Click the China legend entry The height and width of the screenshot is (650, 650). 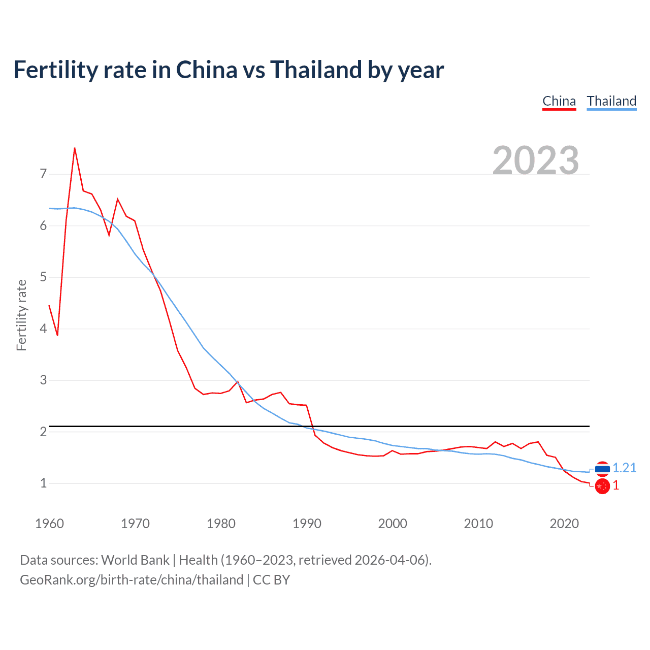point(559,101)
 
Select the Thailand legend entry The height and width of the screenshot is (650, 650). point(611,101)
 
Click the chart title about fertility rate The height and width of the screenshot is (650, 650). point(229,70)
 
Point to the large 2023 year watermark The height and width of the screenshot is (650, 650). point(536,160)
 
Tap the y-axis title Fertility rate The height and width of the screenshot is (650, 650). point(21,315)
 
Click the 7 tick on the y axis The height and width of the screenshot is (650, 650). point(43,174)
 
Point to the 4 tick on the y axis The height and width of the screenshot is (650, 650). point(43,329)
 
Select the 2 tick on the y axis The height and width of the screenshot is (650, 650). point(43,432)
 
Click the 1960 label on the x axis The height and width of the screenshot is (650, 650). point(49,524)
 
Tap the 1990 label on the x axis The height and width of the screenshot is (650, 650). point(307,524)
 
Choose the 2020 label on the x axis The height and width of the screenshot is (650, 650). point(564,524)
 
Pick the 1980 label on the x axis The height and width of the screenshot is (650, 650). point(221,524)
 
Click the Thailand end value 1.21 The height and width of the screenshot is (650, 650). point(624,468)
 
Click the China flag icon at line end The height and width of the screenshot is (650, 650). point(602,486)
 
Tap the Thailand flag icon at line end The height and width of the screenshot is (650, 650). point(602,468)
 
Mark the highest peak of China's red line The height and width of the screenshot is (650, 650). point(75,148)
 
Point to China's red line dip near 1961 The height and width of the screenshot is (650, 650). point(57,335)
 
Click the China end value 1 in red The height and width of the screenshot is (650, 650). point(616,485)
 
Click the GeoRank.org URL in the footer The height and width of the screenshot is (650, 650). point(132,580)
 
